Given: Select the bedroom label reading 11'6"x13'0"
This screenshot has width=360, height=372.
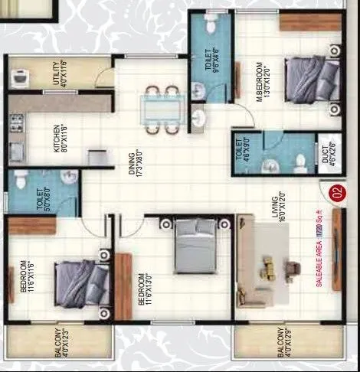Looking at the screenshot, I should (140, 289).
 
